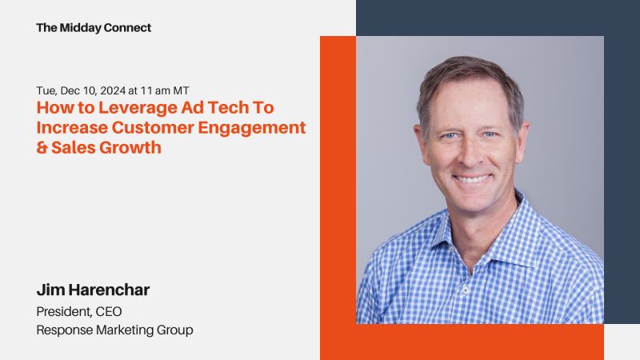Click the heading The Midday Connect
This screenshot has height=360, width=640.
pos(94,28)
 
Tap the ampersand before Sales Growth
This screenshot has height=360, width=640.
pos(42,148)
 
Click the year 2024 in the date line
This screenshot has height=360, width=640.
pos(113,90)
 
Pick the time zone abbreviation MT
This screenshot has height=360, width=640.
pos(182,90)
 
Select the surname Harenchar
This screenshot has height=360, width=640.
pos(110,290)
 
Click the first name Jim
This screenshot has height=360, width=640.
pos(50,290)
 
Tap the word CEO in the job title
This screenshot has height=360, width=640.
pos(109,312)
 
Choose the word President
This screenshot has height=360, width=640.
pos(64,312)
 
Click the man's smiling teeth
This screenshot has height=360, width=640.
pos(472,178)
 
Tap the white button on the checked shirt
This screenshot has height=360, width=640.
pos(465,290)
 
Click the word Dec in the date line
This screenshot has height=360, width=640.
pos(68,90)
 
